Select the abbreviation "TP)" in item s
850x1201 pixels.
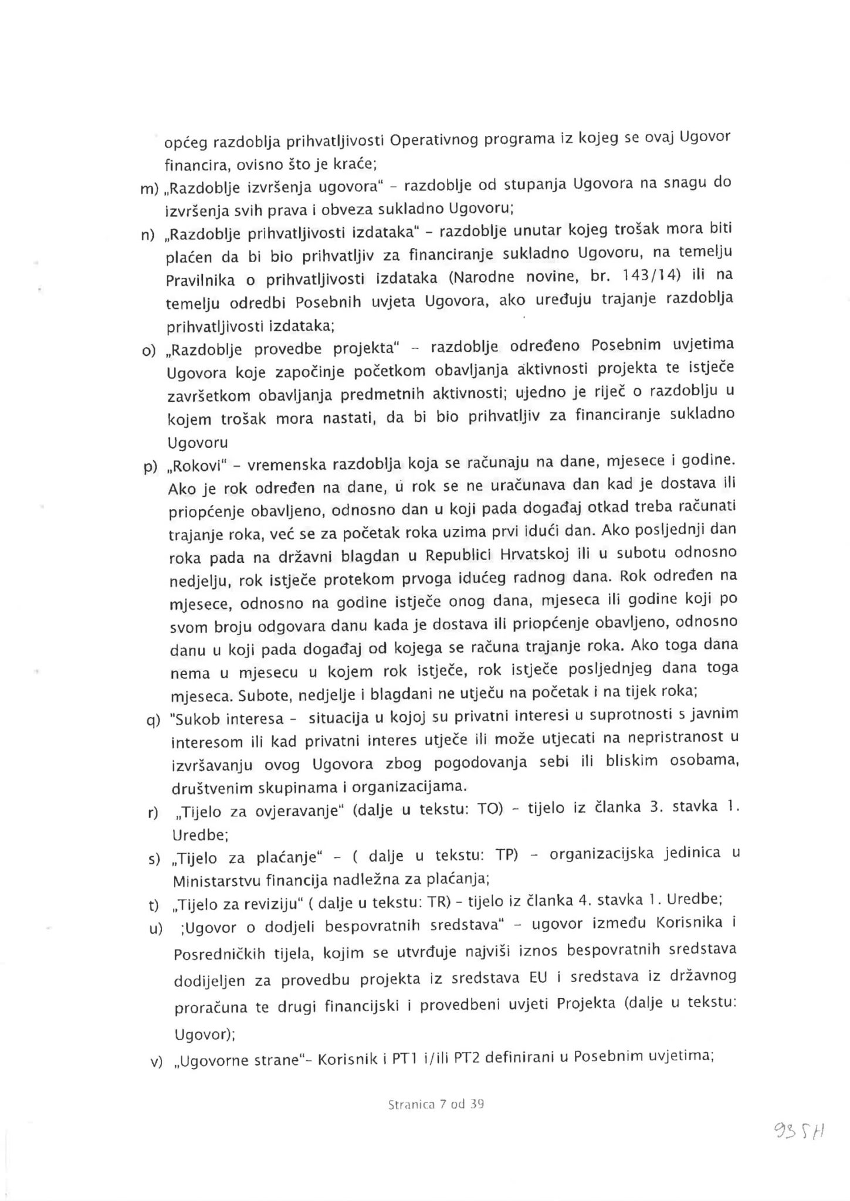point(508,856)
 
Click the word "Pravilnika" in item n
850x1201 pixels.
point(199,280)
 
